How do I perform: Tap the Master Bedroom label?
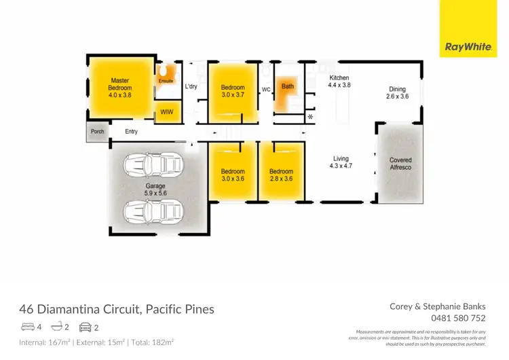tap(119, 88)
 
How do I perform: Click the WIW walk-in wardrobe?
tap(166, 112)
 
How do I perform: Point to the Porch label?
tap(97, 132)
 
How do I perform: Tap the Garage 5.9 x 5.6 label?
tap(155, 189)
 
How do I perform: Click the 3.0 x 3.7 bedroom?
tap(232, 91)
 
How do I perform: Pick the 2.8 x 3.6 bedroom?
tap(281, 175)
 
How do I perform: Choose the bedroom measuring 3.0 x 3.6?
tap(232, 175)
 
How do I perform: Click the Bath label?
tap(288, 87)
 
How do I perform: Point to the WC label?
tap(266, 90)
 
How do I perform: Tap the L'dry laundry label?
tap(191, 87)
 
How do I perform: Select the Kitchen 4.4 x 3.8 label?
tap(339, 82)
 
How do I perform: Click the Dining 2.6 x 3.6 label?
tap(398, 92)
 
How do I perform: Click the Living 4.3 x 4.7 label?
tap(341, 161)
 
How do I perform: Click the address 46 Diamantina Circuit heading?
tap(116, 309)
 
